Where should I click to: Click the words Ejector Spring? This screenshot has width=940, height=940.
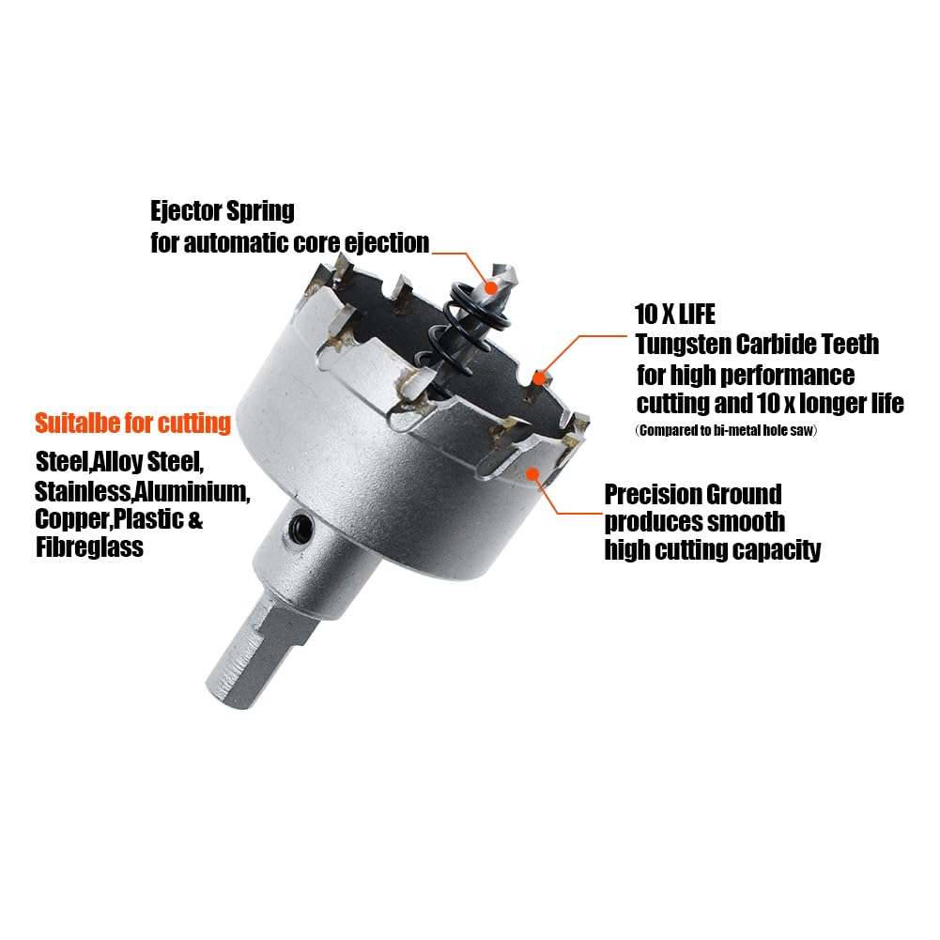[x=223, y=211]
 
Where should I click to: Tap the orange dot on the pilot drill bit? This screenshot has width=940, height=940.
[x=491, y=287]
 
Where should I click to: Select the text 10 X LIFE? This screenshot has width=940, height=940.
[x=675, y=315]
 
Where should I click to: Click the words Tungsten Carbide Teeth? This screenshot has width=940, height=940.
[x=757, y=344]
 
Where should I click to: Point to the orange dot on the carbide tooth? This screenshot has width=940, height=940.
[x=540, y=378]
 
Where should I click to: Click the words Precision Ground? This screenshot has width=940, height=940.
[x=693, y=495]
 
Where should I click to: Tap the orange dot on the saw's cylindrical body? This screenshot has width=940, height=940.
[x=532, y=473]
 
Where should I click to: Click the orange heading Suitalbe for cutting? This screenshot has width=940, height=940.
[x=133, y=424]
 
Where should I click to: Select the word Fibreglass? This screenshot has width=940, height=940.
[x=90, y=547]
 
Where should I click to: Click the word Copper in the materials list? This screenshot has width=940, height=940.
[x=72, y=519]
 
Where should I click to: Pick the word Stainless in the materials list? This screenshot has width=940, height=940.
[x=82, y=491]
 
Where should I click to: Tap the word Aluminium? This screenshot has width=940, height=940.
[x=192, y=491]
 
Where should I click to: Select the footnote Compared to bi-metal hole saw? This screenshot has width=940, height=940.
[x=725, y=430]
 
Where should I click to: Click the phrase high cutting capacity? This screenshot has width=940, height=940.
[x=713, y=549]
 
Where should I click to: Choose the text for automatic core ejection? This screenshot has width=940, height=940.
[x=289, y=243]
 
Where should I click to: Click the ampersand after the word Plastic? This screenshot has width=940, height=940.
[x=195, y=519]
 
